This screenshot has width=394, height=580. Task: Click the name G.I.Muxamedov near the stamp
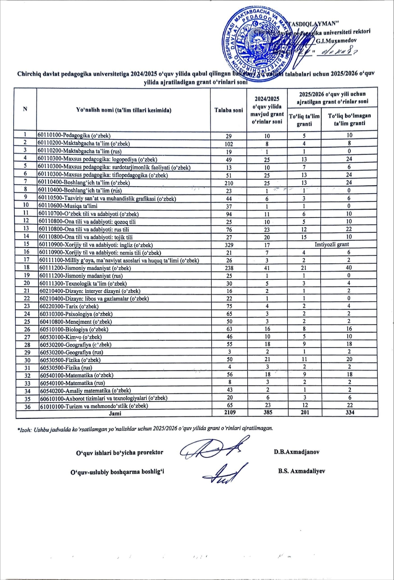pos(336,41)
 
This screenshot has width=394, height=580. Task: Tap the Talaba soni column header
pos(229,110)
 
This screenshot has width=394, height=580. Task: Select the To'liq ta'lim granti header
pos(304,120)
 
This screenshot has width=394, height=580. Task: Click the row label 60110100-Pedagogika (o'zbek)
pos(74,135)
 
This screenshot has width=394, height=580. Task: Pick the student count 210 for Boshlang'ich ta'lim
pos(229,183)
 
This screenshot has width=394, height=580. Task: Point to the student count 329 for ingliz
pos(229,245)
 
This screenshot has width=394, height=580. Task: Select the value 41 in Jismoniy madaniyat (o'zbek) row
pos(267,268)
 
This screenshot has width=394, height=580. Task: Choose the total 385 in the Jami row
pos(267,412)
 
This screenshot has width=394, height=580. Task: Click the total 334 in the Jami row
pos(349,412)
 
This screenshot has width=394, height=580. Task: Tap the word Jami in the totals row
pos(115,413)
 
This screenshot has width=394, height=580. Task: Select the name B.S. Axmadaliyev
pos(301,471)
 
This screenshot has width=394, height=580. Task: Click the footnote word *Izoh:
pos(24,429)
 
